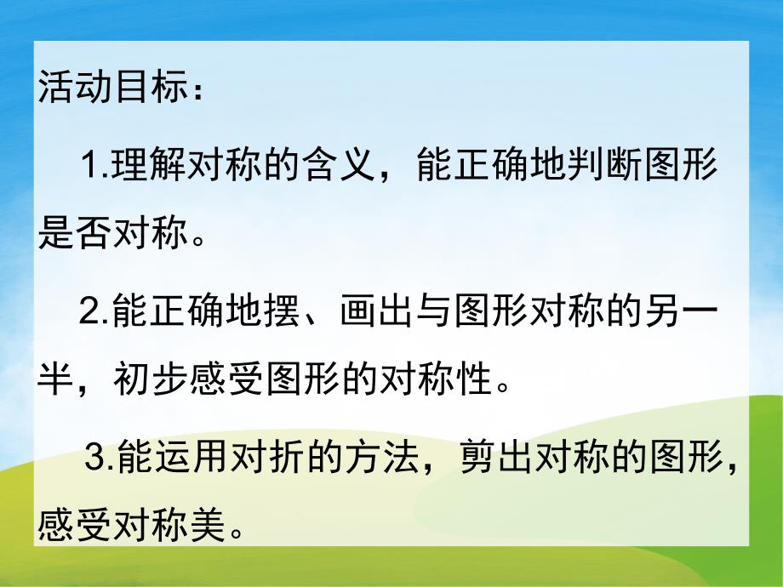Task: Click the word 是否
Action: [79, 235]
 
